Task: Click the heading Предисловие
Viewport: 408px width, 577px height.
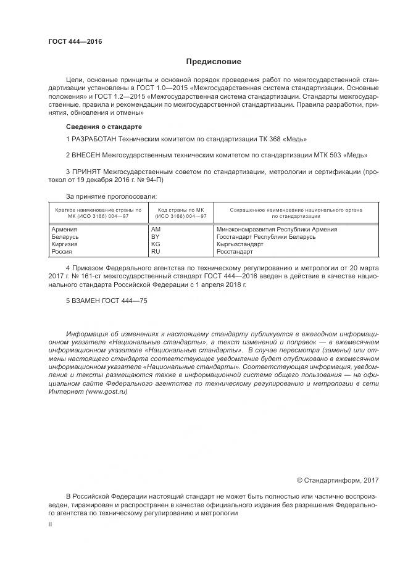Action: tap(214, 62)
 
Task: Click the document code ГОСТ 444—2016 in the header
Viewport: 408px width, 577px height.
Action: tap(75, 42)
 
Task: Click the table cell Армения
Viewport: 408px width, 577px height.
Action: tap(65, 230)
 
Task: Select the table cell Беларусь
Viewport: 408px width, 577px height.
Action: tap(65, 237)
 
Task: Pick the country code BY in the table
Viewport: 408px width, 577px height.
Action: tap(156, 237)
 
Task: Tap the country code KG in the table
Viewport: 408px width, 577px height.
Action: tap(156, 244)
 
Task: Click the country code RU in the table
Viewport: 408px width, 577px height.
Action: tap(156, 252)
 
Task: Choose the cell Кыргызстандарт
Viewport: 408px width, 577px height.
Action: tap(240, 244)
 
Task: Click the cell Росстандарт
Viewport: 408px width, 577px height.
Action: tap(235, 252)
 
